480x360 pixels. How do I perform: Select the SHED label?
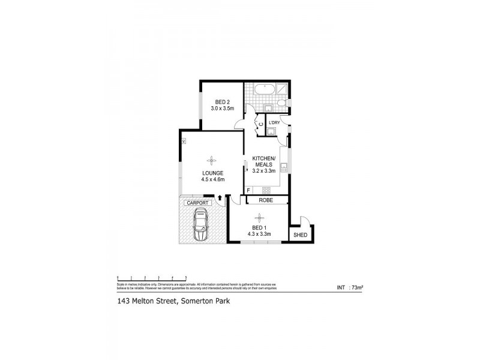click(x=299, y=235)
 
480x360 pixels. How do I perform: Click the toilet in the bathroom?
click(x=284, y=107)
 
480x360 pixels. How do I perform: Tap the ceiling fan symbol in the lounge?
click(x=211, y=160)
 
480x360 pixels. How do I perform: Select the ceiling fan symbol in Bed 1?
click(x=261, y=217)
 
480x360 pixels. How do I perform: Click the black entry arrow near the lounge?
click(x=220, y=197)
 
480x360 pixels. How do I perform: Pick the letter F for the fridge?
click(x=249, y=191)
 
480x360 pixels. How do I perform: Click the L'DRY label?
click(x=274, y=123)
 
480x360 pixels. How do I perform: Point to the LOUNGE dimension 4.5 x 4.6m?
click(x=212, y=179)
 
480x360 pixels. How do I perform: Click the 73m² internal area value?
click(x=357, y=288)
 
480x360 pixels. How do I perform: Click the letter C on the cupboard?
click(x=261, y=125)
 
